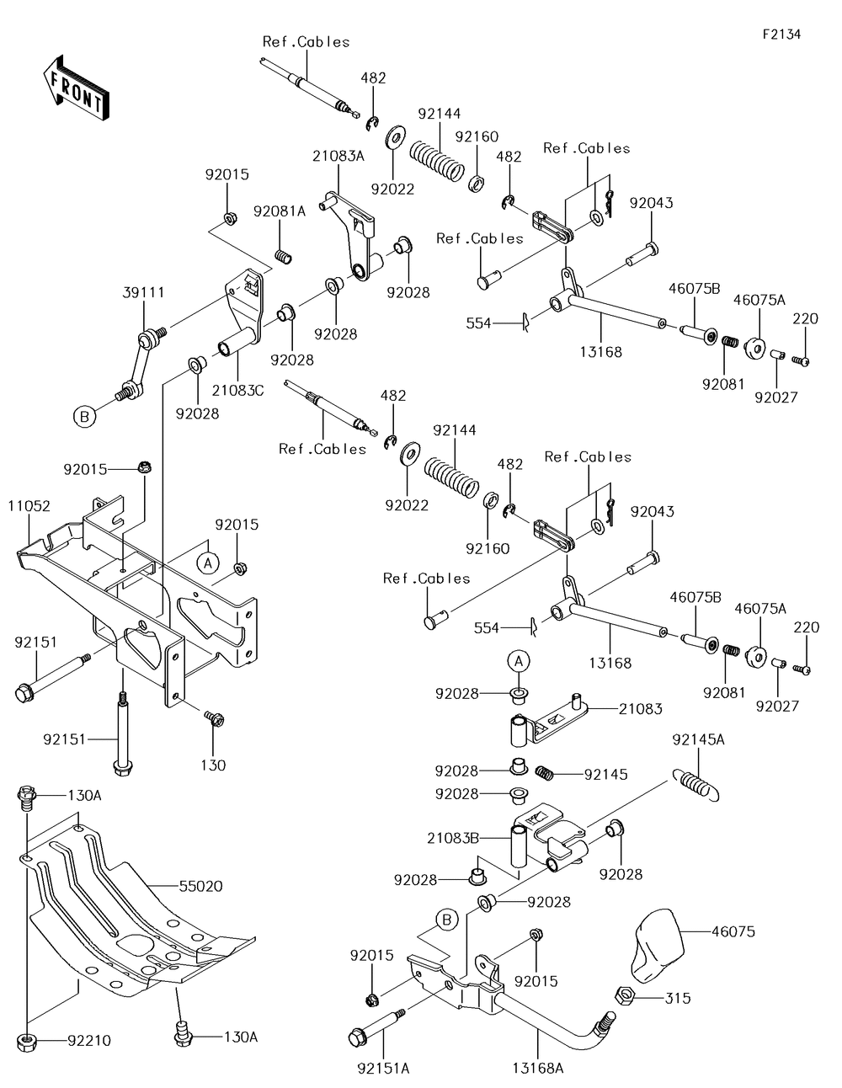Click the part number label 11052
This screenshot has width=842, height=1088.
(x=29, y=506)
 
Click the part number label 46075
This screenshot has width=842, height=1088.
(x=733, y=931)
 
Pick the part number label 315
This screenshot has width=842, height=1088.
(x=678, y=998)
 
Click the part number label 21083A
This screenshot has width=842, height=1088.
(x=338, y=156)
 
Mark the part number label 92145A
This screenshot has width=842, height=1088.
(x=698, y=740)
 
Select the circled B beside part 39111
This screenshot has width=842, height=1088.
(x=83, y=416)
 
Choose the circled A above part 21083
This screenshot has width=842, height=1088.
(x=520, y=660)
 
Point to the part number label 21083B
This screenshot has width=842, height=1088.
(x=453, y=838)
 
